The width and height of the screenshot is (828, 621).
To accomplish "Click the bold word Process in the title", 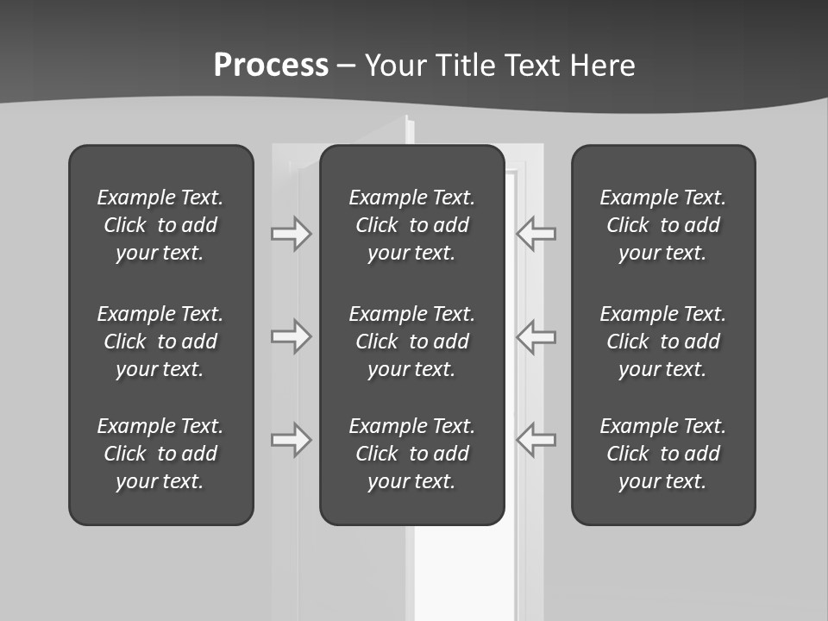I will tap(271, 66).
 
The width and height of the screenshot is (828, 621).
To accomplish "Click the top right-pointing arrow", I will tap(291, 234).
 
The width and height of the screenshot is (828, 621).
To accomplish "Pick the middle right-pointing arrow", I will tap(291, 336).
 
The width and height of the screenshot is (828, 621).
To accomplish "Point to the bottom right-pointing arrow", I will tap(291, 439).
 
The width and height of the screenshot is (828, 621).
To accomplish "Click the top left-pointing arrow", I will tap(536, 234).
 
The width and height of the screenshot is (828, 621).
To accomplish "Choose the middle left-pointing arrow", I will tap(536, 336).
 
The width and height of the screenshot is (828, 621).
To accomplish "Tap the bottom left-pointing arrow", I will tap(536, 439).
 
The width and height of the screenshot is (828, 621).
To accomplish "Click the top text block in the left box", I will tap(160, 225).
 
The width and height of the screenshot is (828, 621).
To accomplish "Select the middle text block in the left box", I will tap(160, 342).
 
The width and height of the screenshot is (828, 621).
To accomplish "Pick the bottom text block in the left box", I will tap(160, 454).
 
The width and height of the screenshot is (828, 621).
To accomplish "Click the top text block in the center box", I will tap(411, 225).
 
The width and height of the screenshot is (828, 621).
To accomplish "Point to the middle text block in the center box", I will tap(411, 342).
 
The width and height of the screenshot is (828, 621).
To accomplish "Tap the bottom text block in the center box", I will tap(411, 454).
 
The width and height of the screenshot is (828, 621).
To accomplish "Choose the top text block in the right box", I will tap(662, 225).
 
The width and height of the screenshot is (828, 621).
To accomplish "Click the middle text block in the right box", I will tap(662, 342).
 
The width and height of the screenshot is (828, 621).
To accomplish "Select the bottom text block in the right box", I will tap(662, 454).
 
